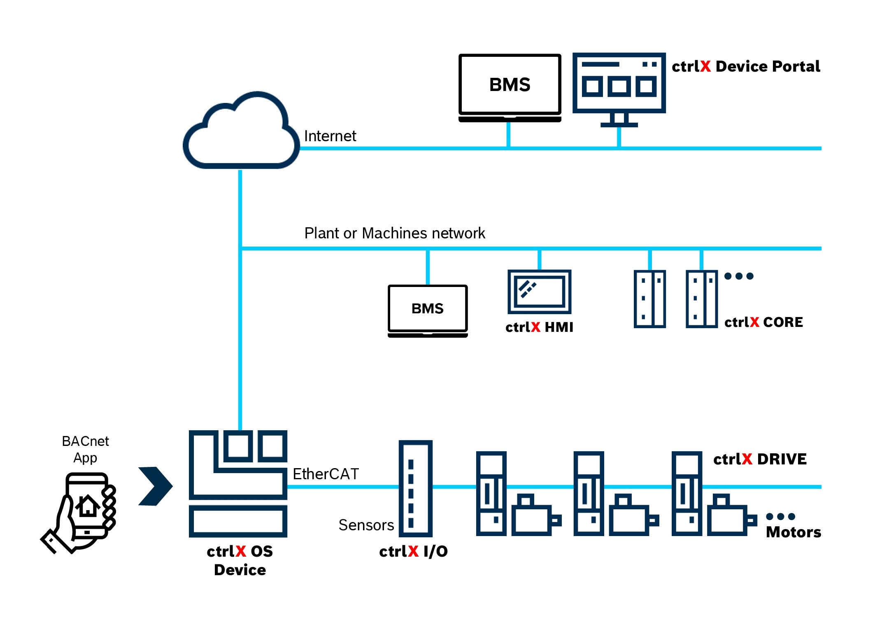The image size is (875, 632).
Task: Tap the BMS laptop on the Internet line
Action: [510, 88]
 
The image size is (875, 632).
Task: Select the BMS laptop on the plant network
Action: [428, 311]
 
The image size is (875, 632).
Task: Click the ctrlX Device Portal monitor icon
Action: [619, 90]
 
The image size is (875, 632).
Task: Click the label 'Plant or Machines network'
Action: [395, 233]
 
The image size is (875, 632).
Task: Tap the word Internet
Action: [330, 136]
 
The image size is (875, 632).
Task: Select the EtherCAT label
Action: [326, 474]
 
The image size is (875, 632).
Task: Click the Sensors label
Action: [366, 525]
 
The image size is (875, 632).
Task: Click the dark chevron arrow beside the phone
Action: [156, 486]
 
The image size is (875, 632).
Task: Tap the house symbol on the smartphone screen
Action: [87, 505]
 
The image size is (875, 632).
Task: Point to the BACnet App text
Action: [85, 449]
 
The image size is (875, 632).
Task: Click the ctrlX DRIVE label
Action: [760, 459]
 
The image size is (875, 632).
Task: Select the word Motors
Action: [794, 532]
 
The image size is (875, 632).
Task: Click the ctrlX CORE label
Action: [763, 322]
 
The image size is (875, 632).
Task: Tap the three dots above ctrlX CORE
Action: [739, 276]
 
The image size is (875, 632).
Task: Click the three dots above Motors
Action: [780, 516]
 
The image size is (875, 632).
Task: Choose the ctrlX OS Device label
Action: [240, 560]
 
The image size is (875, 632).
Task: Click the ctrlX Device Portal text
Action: [746, 66]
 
